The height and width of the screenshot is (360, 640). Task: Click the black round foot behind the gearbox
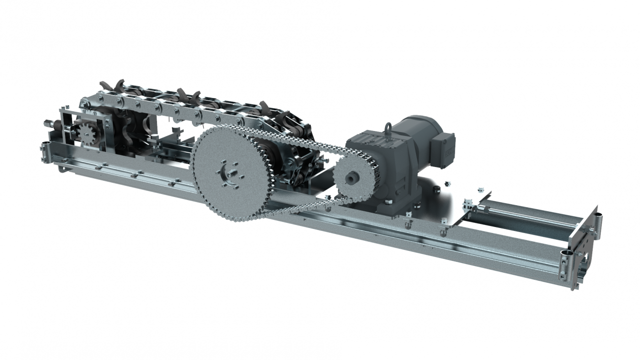tap(436, 190)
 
